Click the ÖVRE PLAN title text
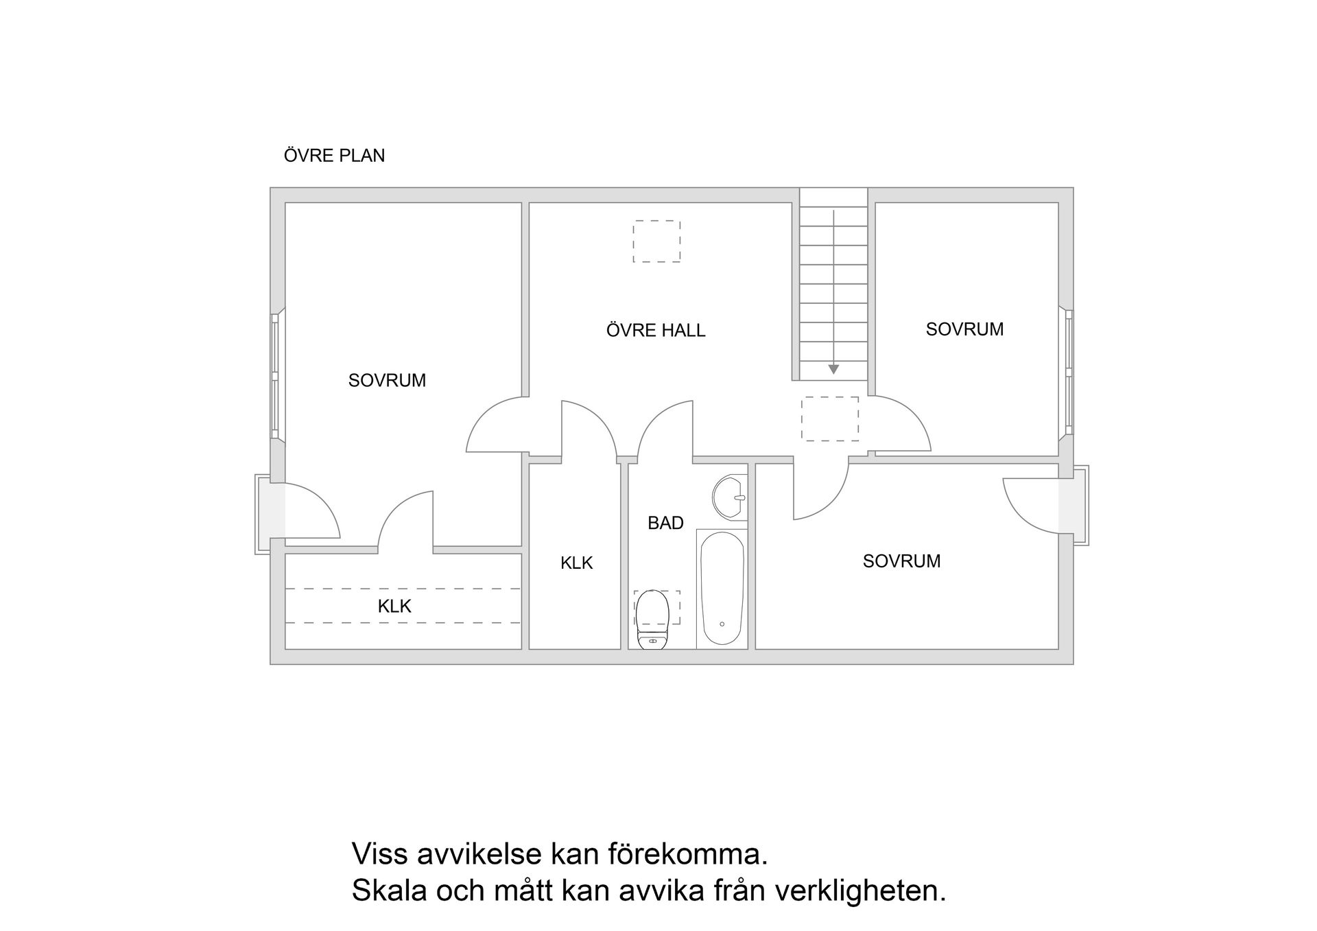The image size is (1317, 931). tap(334, 156)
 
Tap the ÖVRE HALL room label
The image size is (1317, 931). tap(656, 331)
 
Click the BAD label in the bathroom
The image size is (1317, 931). tap(665, 523)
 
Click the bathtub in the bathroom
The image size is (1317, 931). tap(722, 589)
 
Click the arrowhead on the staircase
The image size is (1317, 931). tap(833, 370)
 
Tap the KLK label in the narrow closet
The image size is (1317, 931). tap(576, 563)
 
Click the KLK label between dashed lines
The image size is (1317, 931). tap(394, 606)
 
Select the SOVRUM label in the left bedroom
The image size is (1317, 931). tap(387, 381)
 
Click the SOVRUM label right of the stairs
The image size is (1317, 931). tap(964, 330)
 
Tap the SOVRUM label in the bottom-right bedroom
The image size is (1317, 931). tap(901, 561)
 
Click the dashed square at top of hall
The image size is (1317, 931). tap(656, 241)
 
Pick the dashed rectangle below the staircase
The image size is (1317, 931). tap(830, 419)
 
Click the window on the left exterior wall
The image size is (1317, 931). tap(275, 375)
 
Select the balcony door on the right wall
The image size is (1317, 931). tap(1067, 505)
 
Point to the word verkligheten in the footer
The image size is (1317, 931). tap(860, 891)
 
